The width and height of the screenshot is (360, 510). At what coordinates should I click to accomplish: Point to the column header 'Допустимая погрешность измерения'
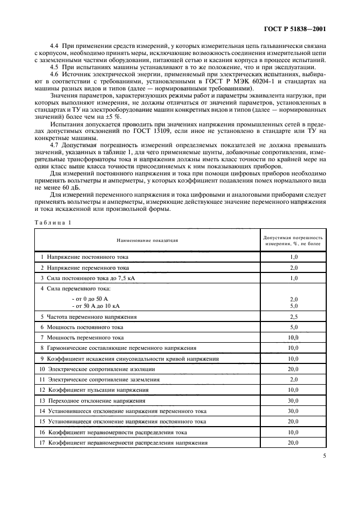coord(293,240)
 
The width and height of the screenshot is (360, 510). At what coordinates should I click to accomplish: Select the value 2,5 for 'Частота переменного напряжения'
coord(294,317)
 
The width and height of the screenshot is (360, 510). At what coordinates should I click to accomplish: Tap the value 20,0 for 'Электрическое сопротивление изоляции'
coord(294,369)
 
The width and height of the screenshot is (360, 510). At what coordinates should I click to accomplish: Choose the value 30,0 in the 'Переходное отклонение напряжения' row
coord(294,400)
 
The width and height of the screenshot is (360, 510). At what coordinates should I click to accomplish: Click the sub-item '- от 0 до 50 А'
coord(90,300)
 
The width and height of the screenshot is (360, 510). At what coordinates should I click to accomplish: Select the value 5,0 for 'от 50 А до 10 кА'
coord(294,306)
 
